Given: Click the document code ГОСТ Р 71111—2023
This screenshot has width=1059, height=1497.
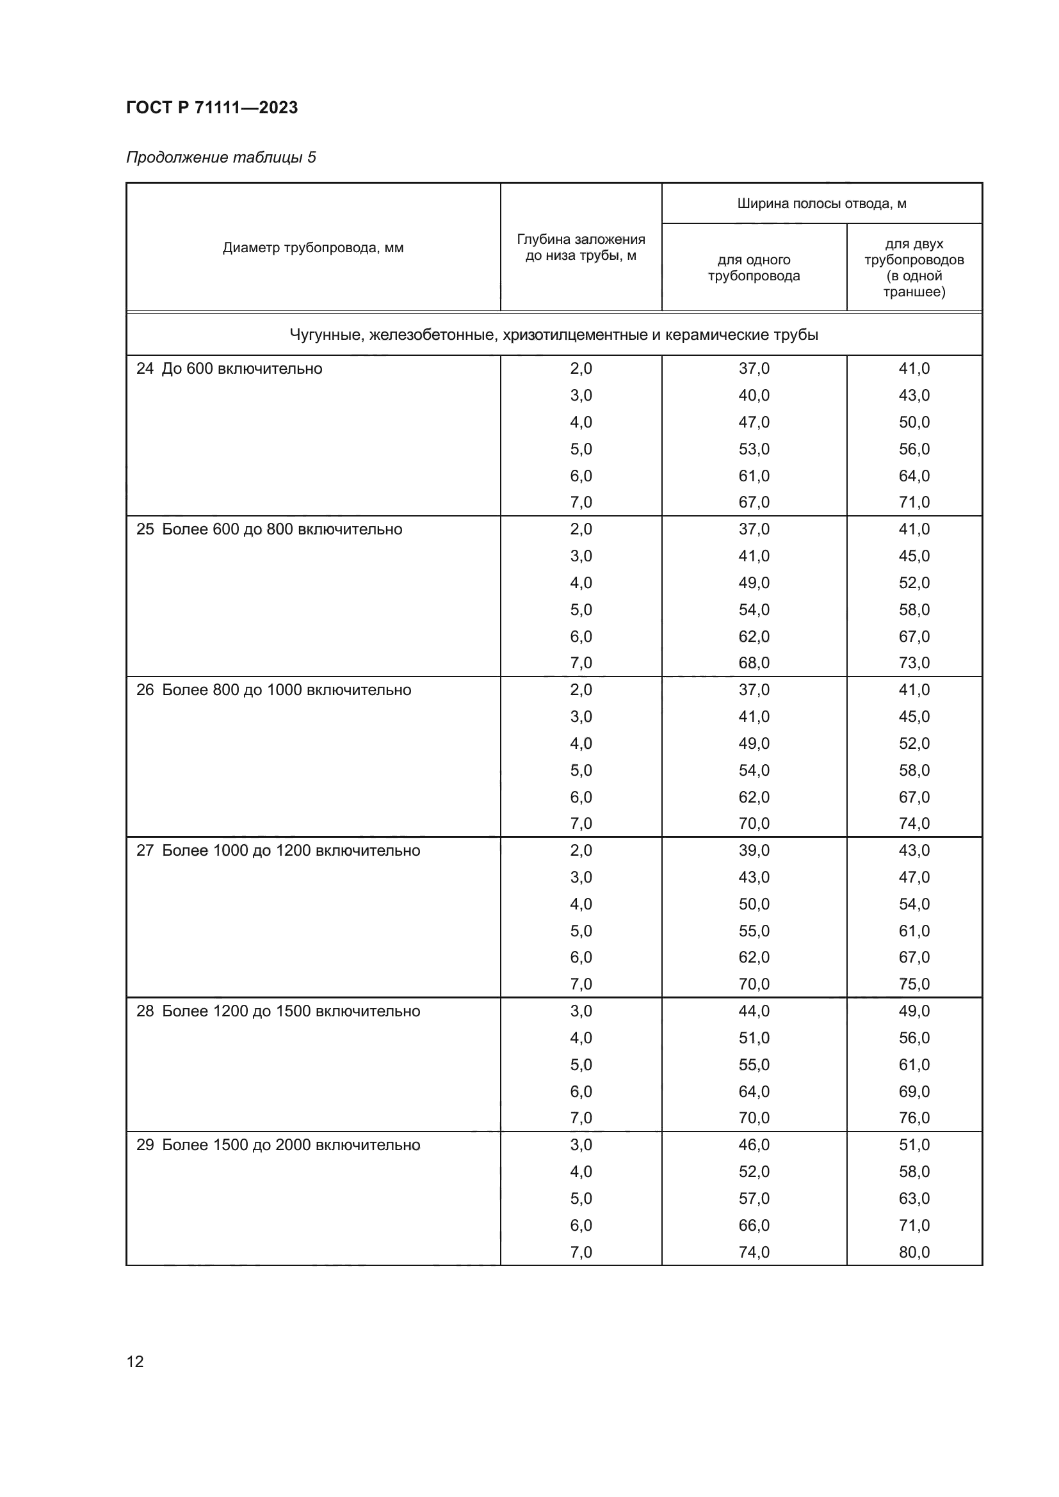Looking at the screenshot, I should [212, 108].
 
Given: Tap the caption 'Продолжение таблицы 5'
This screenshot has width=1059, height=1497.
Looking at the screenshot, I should [220, 157].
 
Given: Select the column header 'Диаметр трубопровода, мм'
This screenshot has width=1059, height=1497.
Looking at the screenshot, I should [313, 248].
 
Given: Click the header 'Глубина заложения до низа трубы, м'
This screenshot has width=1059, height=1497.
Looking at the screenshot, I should [580, 248].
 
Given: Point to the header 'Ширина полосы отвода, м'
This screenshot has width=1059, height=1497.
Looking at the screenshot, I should [821, 204].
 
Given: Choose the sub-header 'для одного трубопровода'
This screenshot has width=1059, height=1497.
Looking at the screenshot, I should [754, 268].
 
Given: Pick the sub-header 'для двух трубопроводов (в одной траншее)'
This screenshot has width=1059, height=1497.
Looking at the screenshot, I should [914, 268].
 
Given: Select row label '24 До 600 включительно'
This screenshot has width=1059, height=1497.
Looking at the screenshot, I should [230, 369].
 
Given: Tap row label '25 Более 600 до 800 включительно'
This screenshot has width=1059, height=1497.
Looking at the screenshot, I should [270, 529].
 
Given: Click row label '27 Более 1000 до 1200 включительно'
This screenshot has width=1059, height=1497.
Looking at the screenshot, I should [279, 851].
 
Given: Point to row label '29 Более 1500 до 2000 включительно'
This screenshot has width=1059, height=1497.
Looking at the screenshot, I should [279, 1145].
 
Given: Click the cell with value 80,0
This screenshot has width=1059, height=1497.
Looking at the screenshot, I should [914, 1252].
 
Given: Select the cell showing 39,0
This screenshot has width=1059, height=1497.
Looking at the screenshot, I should [754, 851].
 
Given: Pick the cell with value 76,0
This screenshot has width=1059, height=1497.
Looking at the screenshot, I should [914, 1118].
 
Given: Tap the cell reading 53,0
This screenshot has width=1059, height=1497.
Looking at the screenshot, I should [754, 449].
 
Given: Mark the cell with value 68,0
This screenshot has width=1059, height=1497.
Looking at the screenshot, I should [754, 663].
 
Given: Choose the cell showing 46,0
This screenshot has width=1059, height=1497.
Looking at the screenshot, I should [754, 1145].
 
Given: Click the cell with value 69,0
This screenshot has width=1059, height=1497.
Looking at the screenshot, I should [914, 1091].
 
